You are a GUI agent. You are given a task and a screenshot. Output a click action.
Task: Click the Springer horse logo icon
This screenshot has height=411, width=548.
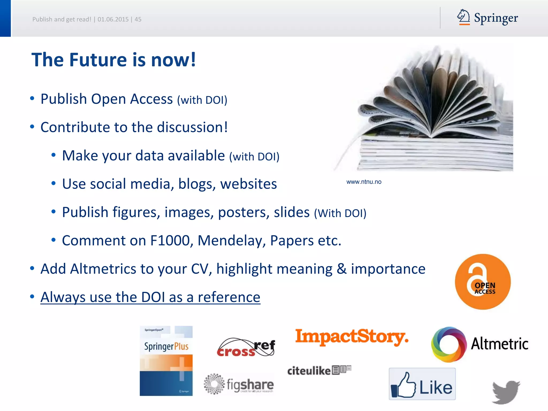pyautogui.click(x=463, y=17)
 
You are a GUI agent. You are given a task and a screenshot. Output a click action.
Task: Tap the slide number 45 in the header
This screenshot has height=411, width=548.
pyautogui.click(x=138, y=19)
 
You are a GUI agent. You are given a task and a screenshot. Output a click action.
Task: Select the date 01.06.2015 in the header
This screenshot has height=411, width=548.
pyautogui.click(x=113, y=19)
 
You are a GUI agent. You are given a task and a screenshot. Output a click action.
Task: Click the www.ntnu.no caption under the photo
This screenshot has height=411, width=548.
pyautogui.click(x=364, y=182)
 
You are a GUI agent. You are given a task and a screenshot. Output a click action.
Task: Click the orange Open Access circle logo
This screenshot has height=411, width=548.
pyautogui.click(x=483, y=282)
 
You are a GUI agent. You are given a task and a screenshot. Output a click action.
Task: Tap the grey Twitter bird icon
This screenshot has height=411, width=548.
pyautogui.click(x=506, y=392)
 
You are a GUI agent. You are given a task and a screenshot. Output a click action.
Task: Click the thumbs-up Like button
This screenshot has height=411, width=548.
pyautogui.click(x=422, y=384)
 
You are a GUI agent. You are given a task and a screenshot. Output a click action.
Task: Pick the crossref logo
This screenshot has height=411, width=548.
pyautogui.click(x=246, y=348)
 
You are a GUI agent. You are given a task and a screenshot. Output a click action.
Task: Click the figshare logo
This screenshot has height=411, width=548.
pyautogui.click(x=239, y=384)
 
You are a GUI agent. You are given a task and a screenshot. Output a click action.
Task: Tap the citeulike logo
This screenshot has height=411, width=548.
pyautogui.click(x=319, y=370)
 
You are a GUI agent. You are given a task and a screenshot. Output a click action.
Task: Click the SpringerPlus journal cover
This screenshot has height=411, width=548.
pyautogui.click(x=166, y=361)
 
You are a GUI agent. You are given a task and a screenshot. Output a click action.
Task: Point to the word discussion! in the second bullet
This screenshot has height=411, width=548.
pyautogui.click(x=192, y=127)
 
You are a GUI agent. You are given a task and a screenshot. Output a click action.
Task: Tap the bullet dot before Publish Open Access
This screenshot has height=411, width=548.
pyautogui.click(x=32, y=98)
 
